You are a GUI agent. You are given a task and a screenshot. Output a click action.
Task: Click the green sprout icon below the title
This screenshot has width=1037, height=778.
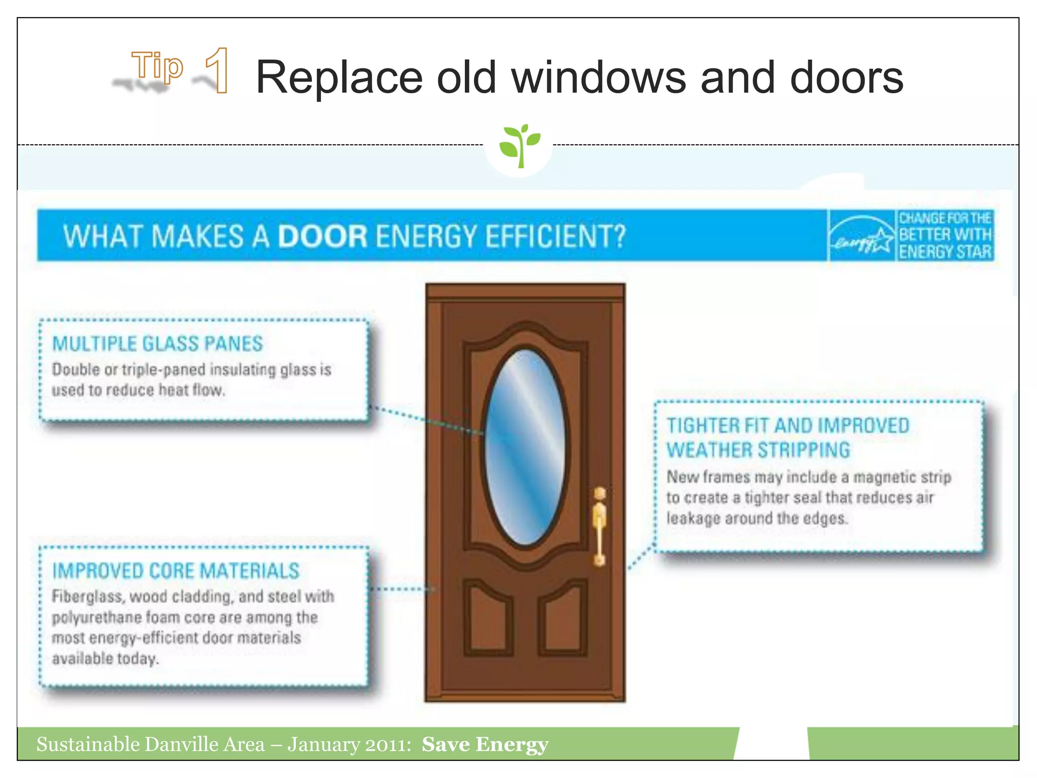click(x=519, y=145)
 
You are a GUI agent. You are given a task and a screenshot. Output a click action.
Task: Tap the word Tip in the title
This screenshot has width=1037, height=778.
click(x=157, y=66)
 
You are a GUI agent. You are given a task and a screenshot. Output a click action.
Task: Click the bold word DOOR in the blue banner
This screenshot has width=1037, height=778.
click(x=323, y=237)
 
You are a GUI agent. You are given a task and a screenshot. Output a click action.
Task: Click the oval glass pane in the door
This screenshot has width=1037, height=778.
click(x=525, y=447)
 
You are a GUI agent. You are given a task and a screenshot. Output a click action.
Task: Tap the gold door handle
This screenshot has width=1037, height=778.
click(x=600, y=527)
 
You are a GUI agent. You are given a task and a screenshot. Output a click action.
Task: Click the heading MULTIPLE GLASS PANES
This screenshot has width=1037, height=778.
click(x=157, y=344)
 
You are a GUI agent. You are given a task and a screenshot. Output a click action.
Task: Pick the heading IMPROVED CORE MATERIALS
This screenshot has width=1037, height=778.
click(x=176, y=571)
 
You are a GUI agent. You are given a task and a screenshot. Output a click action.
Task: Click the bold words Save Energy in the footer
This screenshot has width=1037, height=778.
click(x=485, y=744)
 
